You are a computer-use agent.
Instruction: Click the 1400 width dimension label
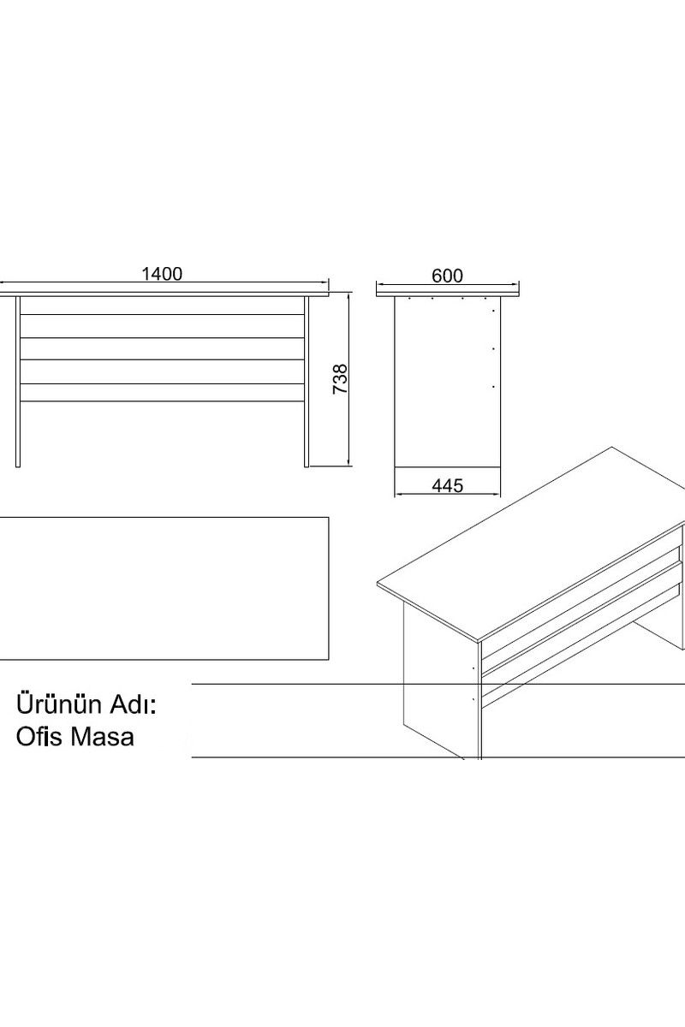pyautogui.click(x=162, y=274)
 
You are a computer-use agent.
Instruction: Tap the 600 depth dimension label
pyautogui.click(x=447, y=276)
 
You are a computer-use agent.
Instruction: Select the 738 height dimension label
pyautogui.click(x=341, y=378)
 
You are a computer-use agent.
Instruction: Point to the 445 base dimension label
pyautogui.click(x=447, y=485)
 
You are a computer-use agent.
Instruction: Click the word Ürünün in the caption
pyautogui.click(x=58, y=703)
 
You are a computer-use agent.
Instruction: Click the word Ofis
pyautogui.click(x=36, y=737)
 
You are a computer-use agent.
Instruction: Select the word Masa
pyautogui.click(x=99, y=737)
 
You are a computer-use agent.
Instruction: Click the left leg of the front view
pyautogui.click(x=18, y=382)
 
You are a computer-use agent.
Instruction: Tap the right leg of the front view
pyautogui.click(x=307, y=382)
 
